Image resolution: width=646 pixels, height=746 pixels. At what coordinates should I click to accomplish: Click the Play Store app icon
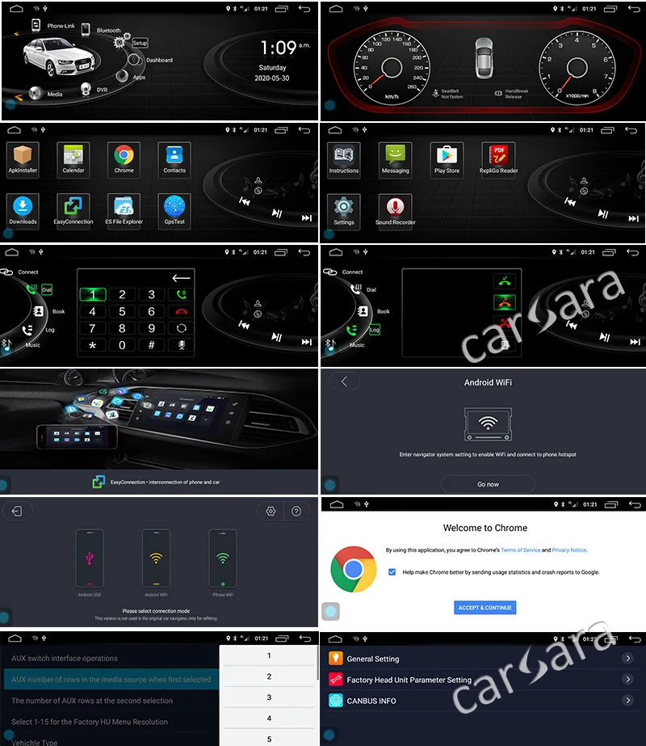(x=447, y=154)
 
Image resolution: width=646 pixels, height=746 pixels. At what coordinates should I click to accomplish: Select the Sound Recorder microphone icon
(x=395, y=206)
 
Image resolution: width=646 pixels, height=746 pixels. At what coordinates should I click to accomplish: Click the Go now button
(x=488, y=484)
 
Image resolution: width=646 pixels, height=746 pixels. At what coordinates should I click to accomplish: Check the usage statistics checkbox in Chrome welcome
(x=392, y=572)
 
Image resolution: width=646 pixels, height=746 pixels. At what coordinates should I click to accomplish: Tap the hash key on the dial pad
(x=151, y=345)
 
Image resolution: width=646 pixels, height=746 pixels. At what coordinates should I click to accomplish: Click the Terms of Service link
(x=521, y=550)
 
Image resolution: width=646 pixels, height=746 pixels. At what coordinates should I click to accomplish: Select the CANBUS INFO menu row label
(x=371, y=701)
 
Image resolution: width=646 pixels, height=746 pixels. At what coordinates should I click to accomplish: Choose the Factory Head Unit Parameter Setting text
(x=409, y=680)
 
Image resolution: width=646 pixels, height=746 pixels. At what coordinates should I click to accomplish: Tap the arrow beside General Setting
(x=627, y=659)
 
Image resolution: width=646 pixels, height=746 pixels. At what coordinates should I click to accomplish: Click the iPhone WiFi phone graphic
(x=223, y=558)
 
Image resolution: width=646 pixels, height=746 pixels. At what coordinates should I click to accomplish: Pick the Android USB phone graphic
(x=89, y=558)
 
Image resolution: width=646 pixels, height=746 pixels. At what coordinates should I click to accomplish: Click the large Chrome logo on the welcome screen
(x=354, y=569)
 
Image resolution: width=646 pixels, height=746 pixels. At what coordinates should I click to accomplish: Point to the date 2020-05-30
(x=272, y=78)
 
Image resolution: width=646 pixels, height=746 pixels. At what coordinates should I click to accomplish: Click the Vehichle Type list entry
(x=36, y=741)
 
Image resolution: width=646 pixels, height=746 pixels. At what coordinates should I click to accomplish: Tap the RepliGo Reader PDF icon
(x=498, y=154)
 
